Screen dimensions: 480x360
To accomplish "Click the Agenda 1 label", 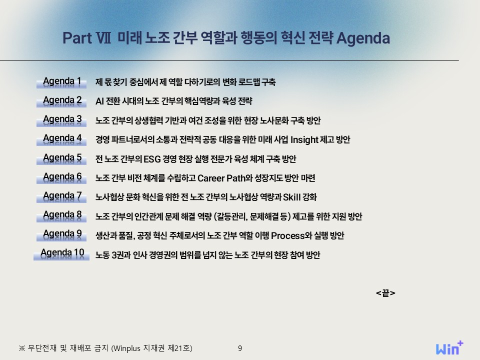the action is pos(61,81).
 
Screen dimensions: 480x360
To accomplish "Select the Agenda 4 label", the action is pos(61,139).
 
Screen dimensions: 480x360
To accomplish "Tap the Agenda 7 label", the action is pos(61,196).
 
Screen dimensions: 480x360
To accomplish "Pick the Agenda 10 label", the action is pos(61,253).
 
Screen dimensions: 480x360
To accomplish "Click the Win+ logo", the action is pos(449,348).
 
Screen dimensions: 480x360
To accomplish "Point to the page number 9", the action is pos(240,348).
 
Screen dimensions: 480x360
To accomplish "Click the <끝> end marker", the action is pos(385,293).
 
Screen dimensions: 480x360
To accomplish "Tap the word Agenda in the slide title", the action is pos(363,38).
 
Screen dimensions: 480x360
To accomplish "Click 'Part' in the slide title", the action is pos(77,38).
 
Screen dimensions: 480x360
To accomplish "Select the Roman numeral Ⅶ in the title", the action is pos(103,38).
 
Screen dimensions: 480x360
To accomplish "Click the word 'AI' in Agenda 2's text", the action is pos(99,101).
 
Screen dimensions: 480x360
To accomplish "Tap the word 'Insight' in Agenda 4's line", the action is pos(304,140).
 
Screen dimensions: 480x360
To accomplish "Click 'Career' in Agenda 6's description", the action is pos(211,178).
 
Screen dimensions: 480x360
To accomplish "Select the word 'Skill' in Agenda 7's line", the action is pos(291,197).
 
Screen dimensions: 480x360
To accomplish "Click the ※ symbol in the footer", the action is pos(21,348).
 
